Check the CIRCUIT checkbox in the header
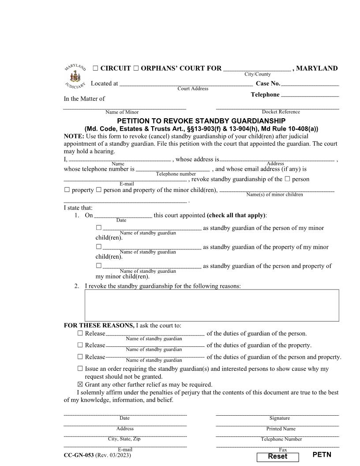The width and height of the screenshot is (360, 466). pyautogui.click(x=95, y=68)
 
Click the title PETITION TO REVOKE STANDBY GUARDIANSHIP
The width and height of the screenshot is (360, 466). pyautogui.click(x=201, y=121)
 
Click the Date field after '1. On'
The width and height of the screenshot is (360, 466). pyautogui.click(x=123, y=215)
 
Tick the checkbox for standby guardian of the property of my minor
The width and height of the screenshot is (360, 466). pyautogui.click(x=98, y=247)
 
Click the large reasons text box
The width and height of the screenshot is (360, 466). pyautogui.click(x=212, y=305)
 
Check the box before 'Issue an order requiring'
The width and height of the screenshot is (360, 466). pyautogui.click(x=80, y=368)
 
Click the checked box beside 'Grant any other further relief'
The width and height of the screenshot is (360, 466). pyautogui.click(x=80, y=384)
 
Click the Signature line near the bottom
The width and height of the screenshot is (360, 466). pyautogui.click(x=277, y=413)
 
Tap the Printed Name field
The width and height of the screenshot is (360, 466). pyautogui.click(x=277, y=424)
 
